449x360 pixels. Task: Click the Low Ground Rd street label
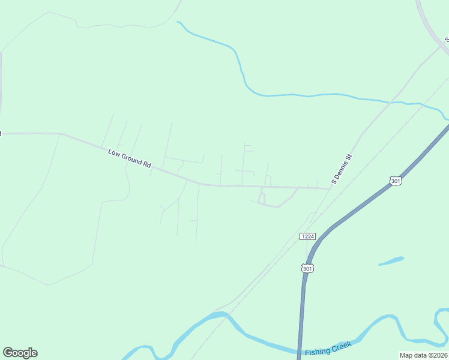click(x=130, y=158)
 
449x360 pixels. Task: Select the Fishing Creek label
click(x=328, y=349)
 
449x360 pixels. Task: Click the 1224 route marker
click(x=307, y=236)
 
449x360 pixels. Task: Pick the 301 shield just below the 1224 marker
click(x=307, y=269)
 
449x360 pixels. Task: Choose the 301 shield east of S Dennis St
click(x=395, y=181)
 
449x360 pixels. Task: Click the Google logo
click(x=20, y=353)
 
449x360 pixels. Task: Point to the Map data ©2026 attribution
click(x=423, y=355)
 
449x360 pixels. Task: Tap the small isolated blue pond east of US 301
click(x=391, y=261)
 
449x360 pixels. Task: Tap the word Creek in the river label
click(x=341, y=346)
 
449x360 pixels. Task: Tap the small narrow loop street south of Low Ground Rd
click(x=262, y=197)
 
